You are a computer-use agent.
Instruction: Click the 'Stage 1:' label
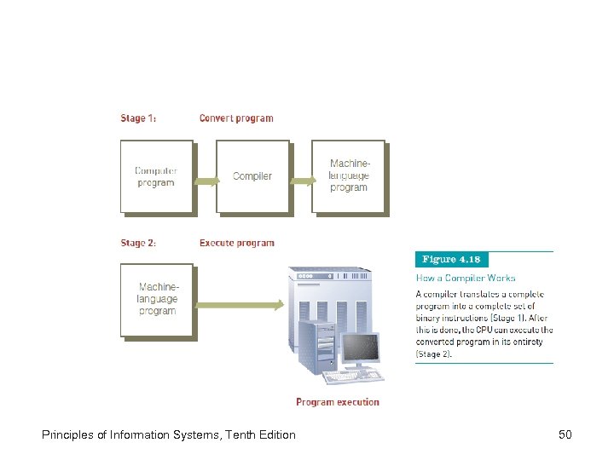tap(138, 118)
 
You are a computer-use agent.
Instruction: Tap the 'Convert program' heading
tap(236, 118)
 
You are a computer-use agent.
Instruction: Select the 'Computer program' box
tap(156, 176)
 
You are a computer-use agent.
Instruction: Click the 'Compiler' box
tap(252, 176)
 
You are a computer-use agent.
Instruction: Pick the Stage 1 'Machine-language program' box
tap(348, 176)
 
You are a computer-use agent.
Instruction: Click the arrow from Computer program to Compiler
tap(205, 181)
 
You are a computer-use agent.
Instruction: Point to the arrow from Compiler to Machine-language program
tap(301, 181)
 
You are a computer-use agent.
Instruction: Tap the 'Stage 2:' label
tap(138, 243)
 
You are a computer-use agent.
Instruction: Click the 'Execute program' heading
tap(237, 243)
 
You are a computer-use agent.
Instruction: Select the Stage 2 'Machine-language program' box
tap(157, 300)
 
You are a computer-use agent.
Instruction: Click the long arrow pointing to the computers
tap(239, 304)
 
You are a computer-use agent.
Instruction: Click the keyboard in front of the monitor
tap(352, 377)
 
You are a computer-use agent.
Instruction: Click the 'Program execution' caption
tap(338, 402)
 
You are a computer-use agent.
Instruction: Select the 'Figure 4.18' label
tap(452, 259)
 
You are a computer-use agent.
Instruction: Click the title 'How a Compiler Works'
tap(466, 278)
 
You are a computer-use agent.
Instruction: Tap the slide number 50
tap(565, 435)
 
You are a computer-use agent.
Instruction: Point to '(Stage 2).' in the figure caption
tap(434, 354)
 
